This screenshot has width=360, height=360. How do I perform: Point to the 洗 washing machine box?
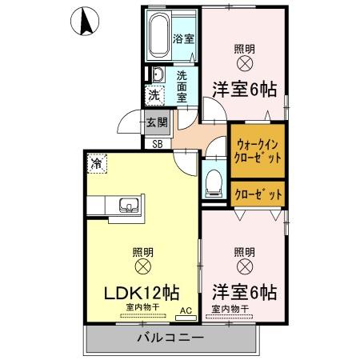pos(154,94)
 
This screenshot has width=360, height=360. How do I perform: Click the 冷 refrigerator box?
pos(97,164)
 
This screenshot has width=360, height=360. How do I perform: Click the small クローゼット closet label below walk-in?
pos(258,193)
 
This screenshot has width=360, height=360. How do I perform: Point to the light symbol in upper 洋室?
pos(245,62)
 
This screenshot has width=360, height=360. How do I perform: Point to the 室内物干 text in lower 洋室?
pos(230,308)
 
